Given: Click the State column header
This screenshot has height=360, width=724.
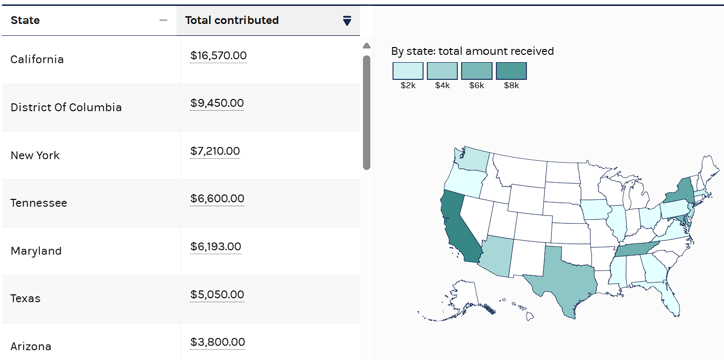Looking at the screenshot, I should pyautogui.click(x=25, y=21).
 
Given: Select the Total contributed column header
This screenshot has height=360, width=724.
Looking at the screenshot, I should pyautogui.click(x=232, y=21).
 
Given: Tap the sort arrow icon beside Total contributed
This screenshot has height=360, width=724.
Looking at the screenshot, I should pyautogui.click(x=347, y=21).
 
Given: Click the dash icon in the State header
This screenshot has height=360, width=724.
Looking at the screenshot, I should pyautogui.click(x=164, y=21).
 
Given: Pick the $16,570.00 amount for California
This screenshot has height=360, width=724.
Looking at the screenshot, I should pyautogui.click(x=218, y=56).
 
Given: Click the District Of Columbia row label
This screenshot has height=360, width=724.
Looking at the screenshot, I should pyautogui.click(x=66, y=108).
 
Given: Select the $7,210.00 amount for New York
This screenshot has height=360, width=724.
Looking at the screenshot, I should pyautogui.click(x=215, y=151).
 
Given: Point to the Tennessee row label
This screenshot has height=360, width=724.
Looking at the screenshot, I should pyautogui.click(x=39, y=203).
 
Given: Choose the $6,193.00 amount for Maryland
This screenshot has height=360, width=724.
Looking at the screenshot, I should pyautogui.click(x=216, y=246).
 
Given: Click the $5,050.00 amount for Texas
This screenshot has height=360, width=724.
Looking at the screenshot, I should pyautogui.click(x=217, y=294).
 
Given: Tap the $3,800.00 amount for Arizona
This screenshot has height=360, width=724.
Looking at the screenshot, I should pyautogui.click(x=217, y=342).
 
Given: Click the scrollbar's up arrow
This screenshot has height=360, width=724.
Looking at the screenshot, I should pyautogui.click(x=366, y=46).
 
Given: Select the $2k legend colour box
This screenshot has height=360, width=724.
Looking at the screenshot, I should pyautogui.click(x=408, y=71).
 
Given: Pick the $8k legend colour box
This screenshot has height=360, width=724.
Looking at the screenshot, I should pyautogui.click(x=511, y=71).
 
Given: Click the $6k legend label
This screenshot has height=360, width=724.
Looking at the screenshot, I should pyautogui.click(x=477, y=86).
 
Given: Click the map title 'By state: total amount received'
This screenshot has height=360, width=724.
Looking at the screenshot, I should pyautogui.click(x=472, y=51).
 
